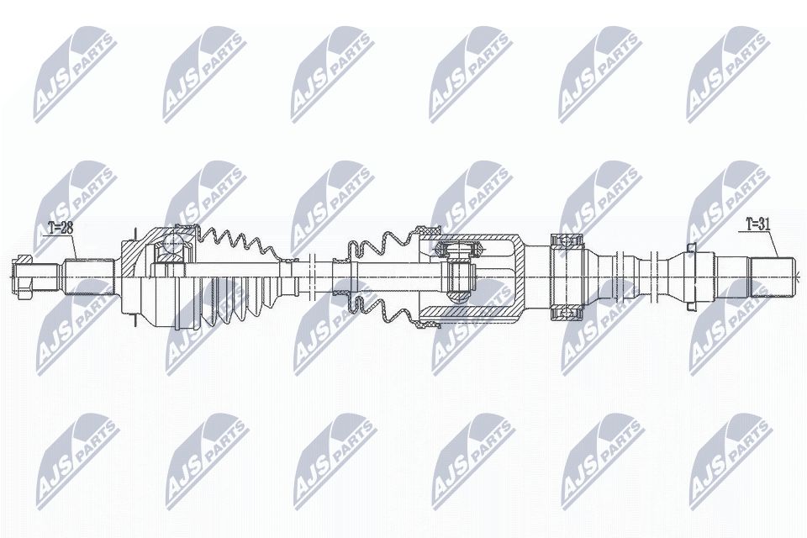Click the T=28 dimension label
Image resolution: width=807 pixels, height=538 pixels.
point(61,227)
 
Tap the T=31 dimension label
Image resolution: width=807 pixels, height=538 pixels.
point(759,224)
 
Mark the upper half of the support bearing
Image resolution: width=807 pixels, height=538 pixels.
point(569,240)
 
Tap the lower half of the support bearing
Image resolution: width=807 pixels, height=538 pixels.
point(569,312)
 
